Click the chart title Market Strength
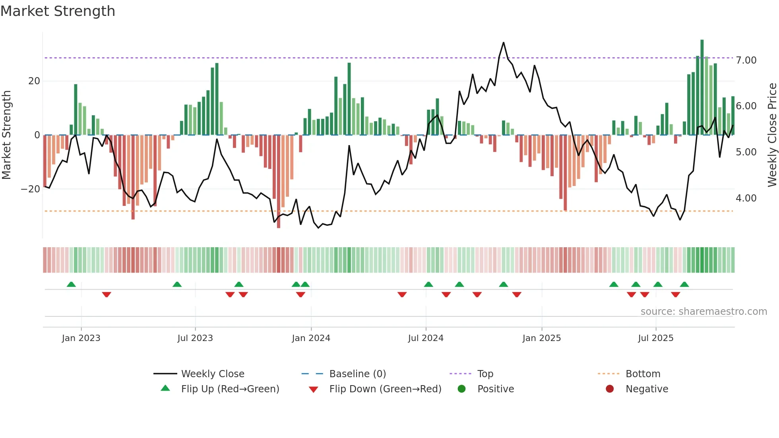point(58,11)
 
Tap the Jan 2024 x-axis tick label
point(311,338)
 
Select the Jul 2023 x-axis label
point(195,338)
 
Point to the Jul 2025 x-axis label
point(655,338)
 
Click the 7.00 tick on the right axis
point(746,60)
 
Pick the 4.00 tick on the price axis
point(746,198)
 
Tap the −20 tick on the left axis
point(31,189)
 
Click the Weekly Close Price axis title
point(772,135)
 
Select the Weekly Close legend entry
point(213,374)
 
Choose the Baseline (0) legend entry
point(357,374)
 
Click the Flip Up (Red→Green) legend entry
point(230,389)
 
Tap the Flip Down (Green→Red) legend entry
point(385,389)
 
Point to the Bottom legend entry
point(643,374)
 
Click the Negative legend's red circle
point(610,389)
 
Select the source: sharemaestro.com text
point(703,312)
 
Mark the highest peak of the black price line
point(504,43)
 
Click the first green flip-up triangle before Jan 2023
point(71,285)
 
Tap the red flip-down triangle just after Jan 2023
point(107,295)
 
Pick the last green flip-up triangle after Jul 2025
point(684,285)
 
